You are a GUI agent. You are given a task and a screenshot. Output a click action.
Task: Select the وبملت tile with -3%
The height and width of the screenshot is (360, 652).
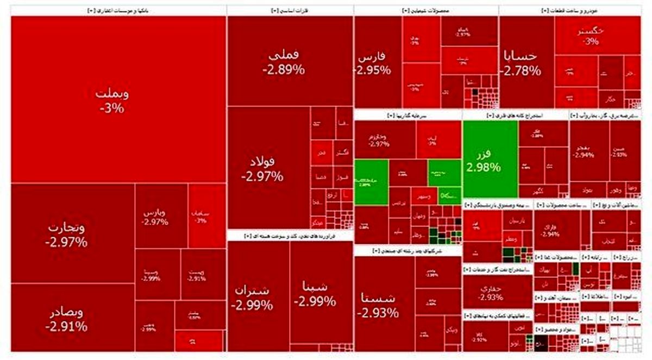[x=112, y=100]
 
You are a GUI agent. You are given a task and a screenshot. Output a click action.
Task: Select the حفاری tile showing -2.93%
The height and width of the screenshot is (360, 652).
[x=492, y=293]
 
